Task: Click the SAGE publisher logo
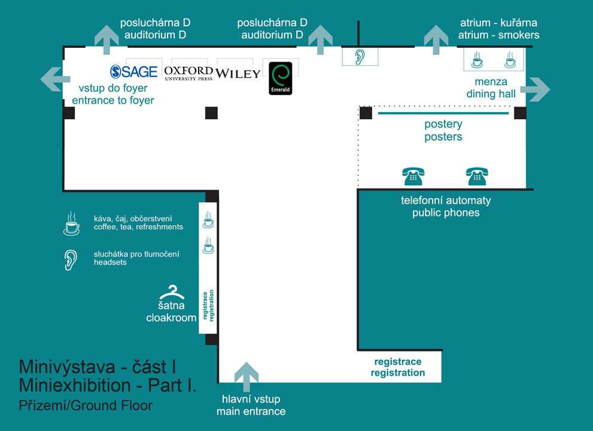134,71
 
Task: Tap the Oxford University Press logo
188,73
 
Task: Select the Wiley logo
238,74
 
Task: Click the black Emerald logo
281,78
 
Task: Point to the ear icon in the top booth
360,57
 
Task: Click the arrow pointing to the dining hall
535,89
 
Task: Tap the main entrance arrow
247,377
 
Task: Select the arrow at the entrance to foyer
55,79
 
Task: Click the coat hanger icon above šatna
172,292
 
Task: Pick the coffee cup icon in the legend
71,224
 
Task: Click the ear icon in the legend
71,260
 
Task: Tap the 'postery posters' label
443,130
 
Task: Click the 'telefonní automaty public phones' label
446,207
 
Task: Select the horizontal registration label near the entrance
398,367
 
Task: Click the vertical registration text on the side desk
208,305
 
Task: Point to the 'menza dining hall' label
491,88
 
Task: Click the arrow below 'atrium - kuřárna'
436,40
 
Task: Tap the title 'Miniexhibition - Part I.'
108,386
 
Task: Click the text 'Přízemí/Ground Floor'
86,405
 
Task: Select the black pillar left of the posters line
366,113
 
